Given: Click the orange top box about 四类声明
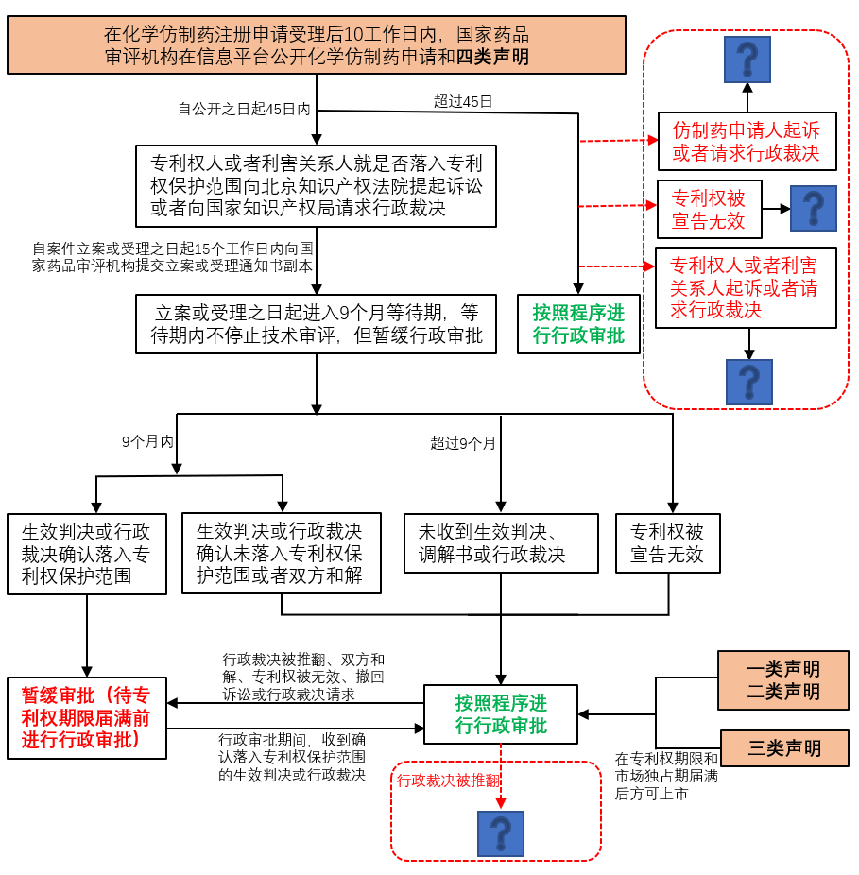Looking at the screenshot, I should pyautogui.click(x=317, y=45).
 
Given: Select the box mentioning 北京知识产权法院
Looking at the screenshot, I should pyautogui.click(x=317, y=186).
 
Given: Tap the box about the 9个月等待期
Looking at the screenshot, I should pyautogui.click(x=317, y=324).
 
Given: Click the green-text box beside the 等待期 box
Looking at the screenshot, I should pyautogui.click(x=578, y=324).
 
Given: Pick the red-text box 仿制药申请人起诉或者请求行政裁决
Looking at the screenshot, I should pyautogui.click(x=747, y=141).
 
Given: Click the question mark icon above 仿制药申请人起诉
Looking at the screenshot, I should pyautogui.click(x=747, y=59).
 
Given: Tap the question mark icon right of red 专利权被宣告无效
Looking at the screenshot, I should pyautogui.click(x=813, y=208).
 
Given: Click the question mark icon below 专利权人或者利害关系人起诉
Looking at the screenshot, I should pyautogui.click(x=749, y=382).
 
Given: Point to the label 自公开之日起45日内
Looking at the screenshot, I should pyautogui.click(x=244, y=109).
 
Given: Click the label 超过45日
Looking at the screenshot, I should pyautogui.click(x=463, y=101).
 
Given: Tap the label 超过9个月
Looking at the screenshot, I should pyautogui.click(x=463, y=442).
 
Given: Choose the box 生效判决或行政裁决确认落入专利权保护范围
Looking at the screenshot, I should pyautogui.click(x=86, y=554).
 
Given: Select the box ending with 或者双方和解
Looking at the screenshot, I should pyautogui.click(x=281, y=553).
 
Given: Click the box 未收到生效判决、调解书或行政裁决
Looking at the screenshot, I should pyautogui.click(x=501, y=543).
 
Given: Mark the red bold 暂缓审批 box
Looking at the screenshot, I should pyautogui.click(x=86, y=717).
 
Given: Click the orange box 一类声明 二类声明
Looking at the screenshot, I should pyautogui.click(x=783, y=680).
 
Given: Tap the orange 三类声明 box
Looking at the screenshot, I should pyautogui.click(x=784, y=748).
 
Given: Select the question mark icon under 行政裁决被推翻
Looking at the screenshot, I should pyautogui.click(x=500, y=833).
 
